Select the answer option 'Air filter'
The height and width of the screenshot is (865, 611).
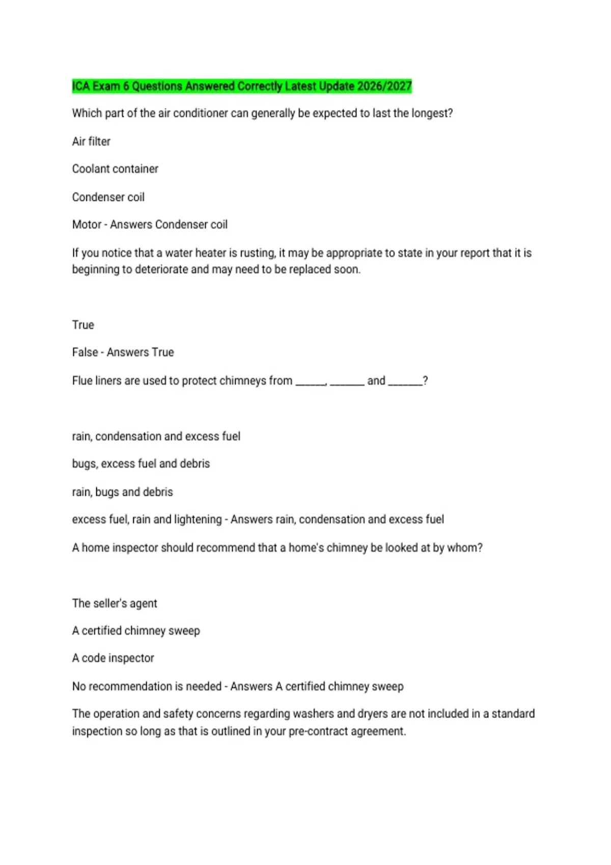click(91, 141)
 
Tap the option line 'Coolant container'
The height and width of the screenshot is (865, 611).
click(115, 169)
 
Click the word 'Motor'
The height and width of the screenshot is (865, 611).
click(87, 224)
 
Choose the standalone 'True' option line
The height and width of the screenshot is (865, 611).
click(83, 325)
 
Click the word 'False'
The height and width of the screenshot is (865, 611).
click(85, 352)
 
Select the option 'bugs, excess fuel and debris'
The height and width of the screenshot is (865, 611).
click(141, 464)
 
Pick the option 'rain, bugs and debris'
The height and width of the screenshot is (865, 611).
click(123, 492)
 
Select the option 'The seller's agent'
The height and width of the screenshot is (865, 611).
click(115, 603)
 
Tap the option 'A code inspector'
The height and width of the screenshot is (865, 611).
click(113, 658)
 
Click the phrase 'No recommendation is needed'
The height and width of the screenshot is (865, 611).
click(147, 686)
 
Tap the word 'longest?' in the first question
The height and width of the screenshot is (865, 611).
click(432, 113)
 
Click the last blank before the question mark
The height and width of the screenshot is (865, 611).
click(405, 382)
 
